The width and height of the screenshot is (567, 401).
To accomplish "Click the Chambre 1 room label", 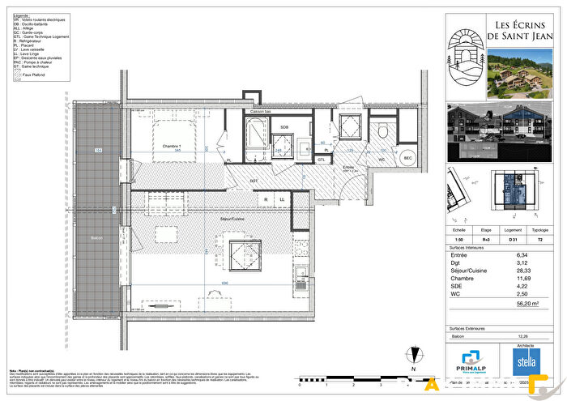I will [170, 146].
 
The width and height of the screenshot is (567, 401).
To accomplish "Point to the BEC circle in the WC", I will [408, 157].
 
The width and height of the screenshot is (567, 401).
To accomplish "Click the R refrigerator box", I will [265, 198].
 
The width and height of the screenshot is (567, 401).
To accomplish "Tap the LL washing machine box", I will [283, 198].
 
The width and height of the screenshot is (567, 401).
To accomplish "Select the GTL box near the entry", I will [322, 160].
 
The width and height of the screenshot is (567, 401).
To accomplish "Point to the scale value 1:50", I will [459, 241].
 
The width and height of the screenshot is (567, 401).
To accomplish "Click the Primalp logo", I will [472, 361].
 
